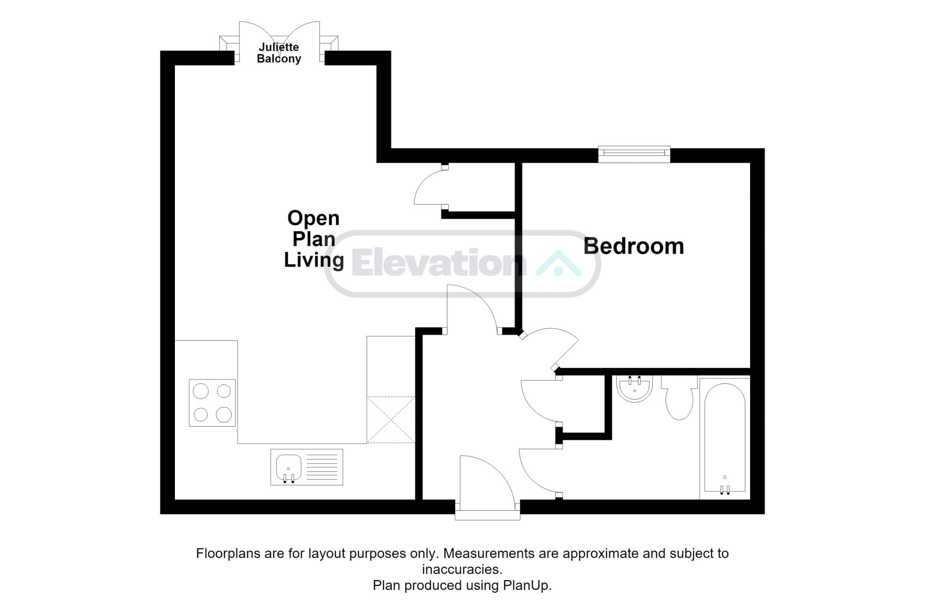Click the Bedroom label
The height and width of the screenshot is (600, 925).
tap(634, 246)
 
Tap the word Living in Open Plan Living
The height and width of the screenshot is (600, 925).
tap(314, 261)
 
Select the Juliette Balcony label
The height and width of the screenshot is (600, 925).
tap(279, 53)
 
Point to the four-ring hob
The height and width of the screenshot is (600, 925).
tap(212, 403)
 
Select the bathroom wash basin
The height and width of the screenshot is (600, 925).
tap(634, 389)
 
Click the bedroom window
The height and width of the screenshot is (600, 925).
tap(634, 154)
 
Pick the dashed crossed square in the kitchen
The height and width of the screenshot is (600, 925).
tap(391, 419)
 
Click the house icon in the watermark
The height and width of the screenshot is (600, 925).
tap(558, 263)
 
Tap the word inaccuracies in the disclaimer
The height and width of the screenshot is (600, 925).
tap(462, 570)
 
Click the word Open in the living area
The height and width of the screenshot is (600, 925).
tap(314, 219)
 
